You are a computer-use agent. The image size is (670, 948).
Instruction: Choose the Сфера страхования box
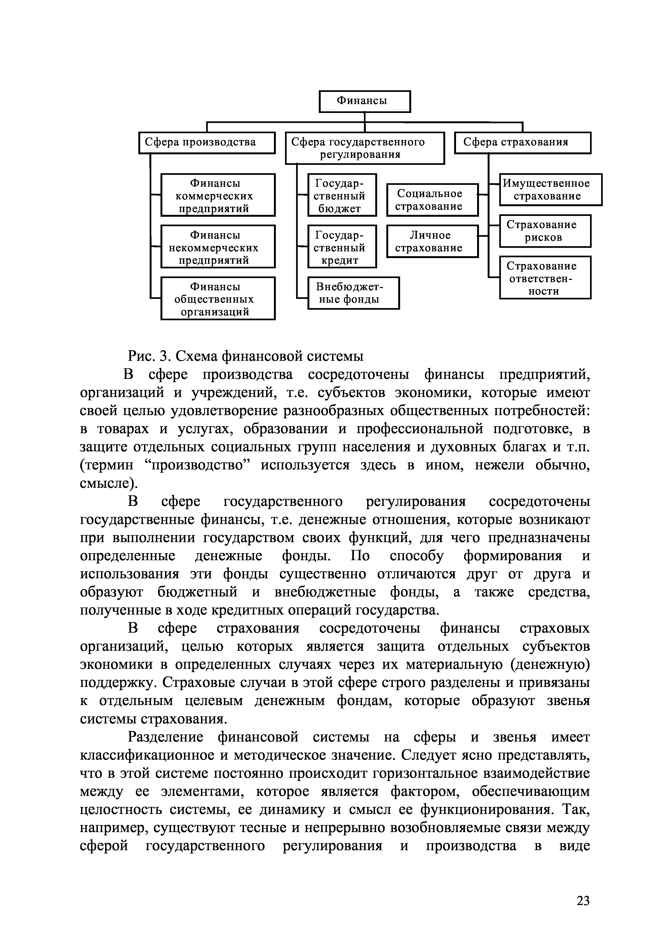(522, 142)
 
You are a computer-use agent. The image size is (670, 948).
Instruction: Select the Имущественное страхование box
(550, 189)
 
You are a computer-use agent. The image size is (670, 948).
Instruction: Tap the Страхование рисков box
(545, 231)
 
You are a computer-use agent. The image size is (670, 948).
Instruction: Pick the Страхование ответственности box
(545, 278)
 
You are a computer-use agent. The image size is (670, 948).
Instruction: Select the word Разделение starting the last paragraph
(166, 737)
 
